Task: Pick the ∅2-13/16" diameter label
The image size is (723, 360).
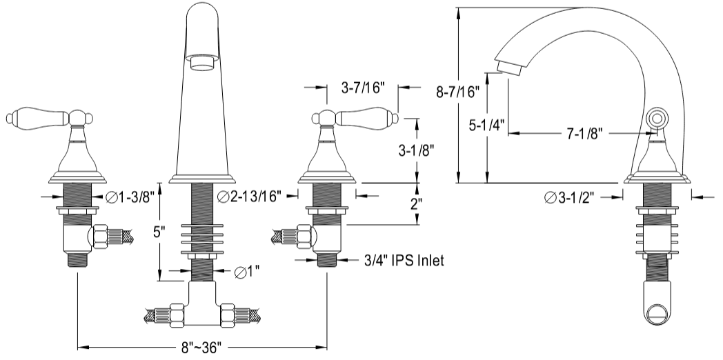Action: point(248,197)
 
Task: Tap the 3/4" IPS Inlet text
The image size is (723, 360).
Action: point(404,261)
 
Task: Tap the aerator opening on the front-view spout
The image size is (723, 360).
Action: point(202,64)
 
